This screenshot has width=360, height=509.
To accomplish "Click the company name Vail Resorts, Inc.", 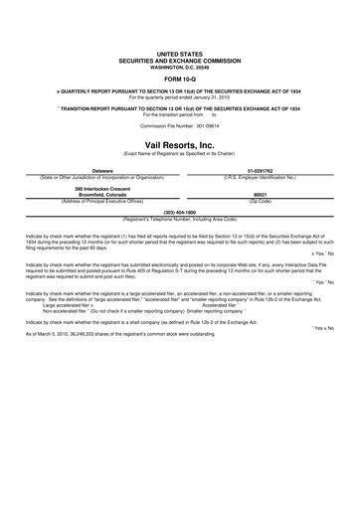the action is tap(179, 145).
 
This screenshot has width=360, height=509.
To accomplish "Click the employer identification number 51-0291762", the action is tap(260, 171).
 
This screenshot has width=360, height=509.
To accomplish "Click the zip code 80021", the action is tap(261, 194).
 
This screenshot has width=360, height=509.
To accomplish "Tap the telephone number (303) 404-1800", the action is tap(179, 212).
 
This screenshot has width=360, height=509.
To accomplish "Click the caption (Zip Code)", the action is tap(261, 200).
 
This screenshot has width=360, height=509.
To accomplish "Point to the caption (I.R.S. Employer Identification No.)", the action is tap(260, 177).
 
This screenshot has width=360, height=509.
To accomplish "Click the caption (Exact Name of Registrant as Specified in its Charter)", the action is tap(179, 154).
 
